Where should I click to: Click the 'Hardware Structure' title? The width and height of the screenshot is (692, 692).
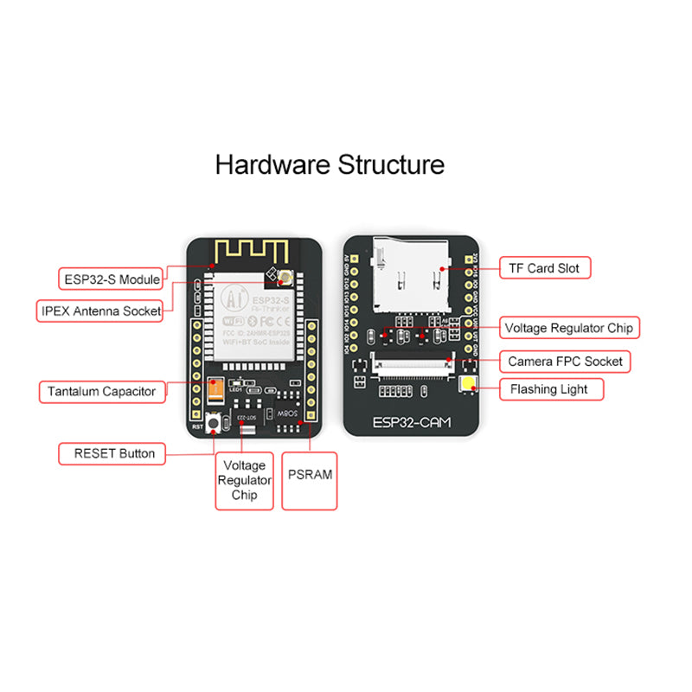tap(330, 164)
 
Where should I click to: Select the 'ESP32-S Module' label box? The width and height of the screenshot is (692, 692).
tap(112, 279)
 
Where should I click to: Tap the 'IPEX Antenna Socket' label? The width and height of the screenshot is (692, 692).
tap(100, 311)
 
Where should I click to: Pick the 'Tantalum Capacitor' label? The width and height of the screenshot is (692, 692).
tap(101, 391)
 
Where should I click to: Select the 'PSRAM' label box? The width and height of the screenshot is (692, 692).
tap(309, 475)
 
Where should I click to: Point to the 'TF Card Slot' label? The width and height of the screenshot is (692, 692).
tap(544, 268)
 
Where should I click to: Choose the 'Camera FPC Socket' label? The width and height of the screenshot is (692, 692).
tap(565, 361)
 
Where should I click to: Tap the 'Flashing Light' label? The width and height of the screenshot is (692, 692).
tap(548, 389)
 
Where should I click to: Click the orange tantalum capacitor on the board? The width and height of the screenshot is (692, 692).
tap(214, 393)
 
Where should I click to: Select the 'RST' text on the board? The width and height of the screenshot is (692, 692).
tap(197, 426)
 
